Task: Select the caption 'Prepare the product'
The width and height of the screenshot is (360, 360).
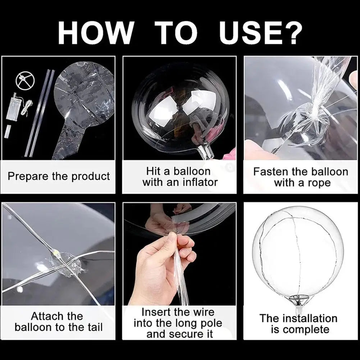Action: pyautogui.click(x=59, y=177)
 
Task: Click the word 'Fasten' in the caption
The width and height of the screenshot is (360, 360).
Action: pyautogui.click(x=270, y=172)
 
